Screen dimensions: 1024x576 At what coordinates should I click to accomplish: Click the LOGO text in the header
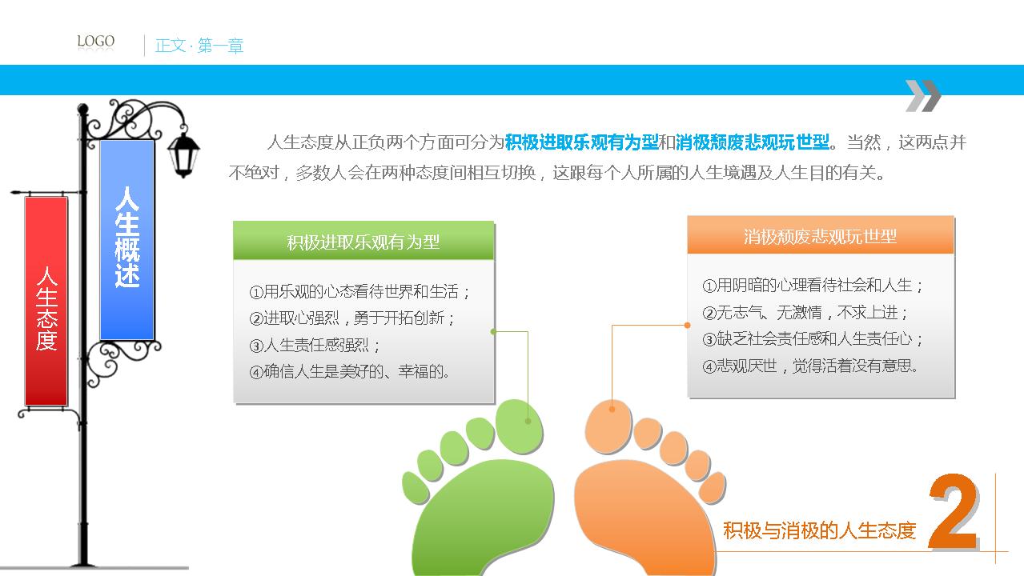[x=95, y=41]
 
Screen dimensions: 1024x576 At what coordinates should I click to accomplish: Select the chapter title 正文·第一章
[x=199, y=46]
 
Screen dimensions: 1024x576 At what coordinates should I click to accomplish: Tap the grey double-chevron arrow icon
[x=923, y=95]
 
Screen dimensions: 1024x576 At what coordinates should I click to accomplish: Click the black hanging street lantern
[x=183, y=154]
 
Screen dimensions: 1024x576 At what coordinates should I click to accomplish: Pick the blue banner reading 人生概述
[x=126, y=240]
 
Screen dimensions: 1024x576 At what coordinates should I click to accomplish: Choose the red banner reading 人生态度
[x=46, y=302]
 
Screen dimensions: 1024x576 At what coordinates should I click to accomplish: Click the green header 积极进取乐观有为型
[x=363, y=241]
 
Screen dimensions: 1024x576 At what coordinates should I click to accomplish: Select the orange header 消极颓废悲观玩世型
[x=821, y=236]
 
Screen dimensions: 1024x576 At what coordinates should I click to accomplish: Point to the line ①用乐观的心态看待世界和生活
[x=359, y=292]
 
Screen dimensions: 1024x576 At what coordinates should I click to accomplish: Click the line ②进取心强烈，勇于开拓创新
[x=352, y=318]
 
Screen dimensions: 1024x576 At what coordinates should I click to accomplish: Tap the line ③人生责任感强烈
[x=315, y=345]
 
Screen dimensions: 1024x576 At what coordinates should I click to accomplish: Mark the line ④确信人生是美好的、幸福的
[x=349, y=371]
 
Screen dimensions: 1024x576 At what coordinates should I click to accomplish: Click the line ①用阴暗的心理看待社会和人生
[x=813, y=286]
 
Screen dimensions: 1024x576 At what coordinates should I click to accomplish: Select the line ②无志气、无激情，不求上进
[x=805, y=313]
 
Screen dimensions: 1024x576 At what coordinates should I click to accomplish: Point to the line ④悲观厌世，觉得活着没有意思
[x=810, y=366]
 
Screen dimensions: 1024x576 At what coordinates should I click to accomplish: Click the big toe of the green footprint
[x=520, y=426]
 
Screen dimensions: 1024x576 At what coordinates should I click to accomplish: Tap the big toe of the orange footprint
[x=608, y=426]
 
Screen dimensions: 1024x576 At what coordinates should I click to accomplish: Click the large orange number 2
[x=953, y=510]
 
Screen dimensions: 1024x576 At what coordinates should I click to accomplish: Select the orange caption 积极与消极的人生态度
[x=820, y=530]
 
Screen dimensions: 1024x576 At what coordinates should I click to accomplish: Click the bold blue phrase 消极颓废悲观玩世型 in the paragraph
[x=753, y=142]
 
